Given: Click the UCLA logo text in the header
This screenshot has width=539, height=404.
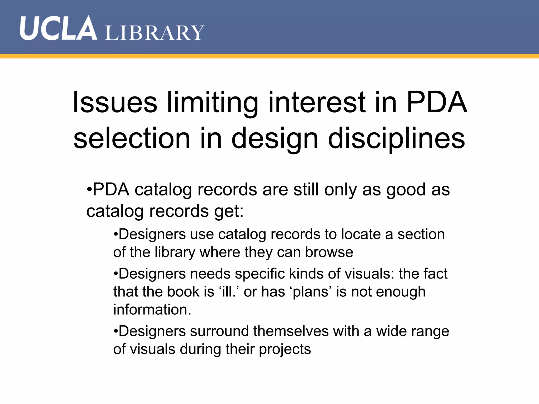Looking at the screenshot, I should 58,28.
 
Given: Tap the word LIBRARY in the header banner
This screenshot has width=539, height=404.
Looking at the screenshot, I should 155,33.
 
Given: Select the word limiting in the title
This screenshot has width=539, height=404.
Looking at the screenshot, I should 213,103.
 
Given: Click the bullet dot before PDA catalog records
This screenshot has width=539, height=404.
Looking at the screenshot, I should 89,189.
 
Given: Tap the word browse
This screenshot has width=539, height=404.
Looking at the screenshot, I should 329,252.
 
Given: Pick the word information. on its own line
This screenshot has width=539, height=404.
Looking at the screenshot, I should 152,310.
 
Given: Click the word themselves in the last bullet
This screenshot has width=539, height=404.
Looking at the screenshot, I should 291,331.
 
